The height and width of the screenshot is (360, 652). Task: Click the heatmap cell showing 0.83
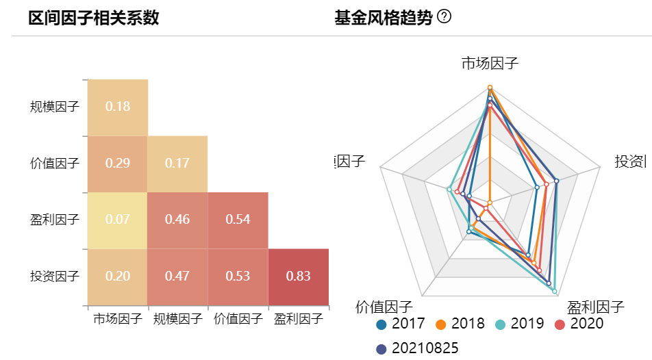299,277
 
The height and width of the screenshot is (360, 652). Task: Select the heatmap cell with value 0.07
118,220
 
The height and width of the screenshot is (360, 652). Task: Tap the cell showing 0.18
118,107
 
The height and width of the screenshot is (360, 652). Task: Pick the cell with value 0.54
238,220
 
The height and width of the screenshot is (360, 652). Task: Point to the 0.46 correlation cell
178,220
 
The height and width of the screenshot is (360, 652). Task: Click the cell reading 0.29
118,164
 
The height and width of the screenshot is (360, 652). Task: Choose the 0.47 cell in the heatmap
178,277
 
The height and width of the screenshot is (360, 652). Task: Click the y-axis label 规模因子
55,107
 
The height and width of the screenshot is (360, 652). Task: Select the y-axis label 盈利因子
55,220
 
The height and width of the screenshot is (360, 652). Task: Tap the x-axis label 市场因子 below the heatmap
118,318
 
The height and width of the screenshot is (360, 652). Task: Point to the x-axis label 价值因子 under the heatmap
238,318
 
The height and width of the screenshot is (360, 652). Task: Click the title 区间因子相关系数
94,18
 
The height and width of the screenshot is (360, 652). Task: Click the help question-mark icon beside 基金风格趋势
444,17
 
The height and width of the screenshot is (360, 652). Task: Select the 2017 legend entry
401,324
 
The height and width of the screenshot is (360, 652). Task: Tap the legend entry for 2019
520,324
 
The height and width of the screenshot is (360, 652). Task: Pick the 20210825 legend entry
417,348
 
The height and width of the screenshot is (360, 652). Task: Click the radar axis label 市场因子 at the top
490,64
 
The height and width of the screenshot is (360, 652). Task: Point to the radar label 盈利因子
595,306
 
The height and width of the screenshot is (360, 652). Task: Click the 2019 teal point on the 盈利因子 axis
554,292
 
